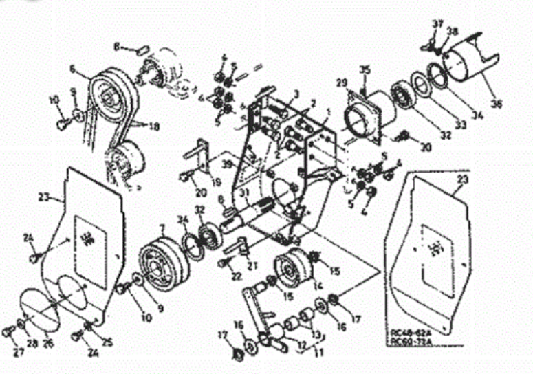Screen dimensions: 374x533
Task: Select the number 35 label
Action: click(x=365, y=69)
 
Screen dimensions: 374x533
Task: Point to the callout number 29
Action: click(x=340, y=82)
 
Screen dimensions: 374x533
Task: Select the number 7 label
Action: click(x=162, y=228)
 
